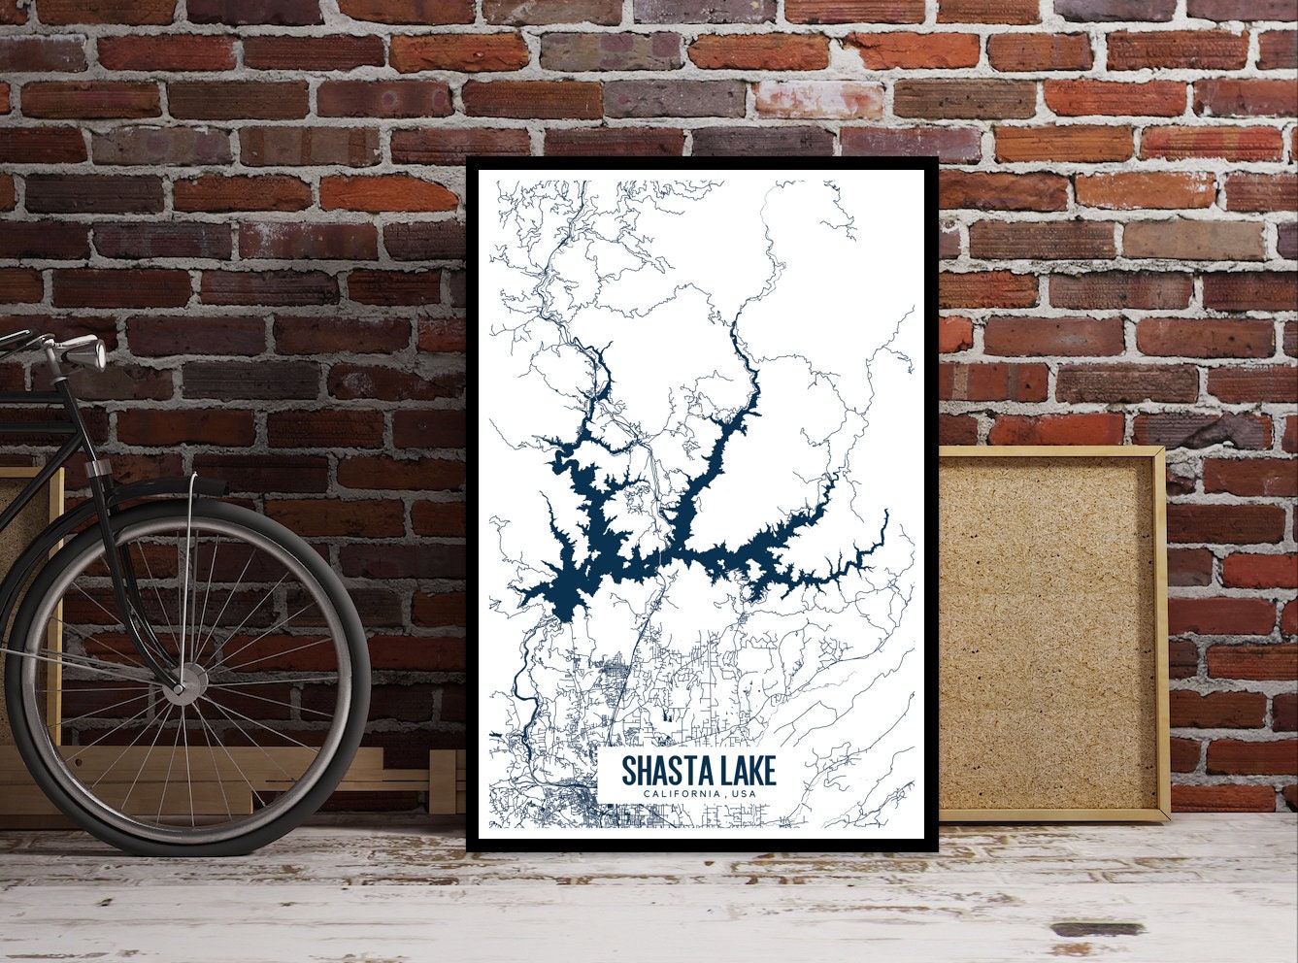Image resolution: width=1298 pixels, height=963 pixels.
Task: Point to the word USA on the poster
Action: coord(743,795)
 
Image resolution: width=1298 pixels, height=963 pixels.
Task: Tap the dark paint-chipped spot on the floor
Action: coord(1097,929)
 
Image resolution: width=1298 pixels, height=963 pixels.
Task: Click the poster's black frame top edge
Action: coord(702,162)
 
